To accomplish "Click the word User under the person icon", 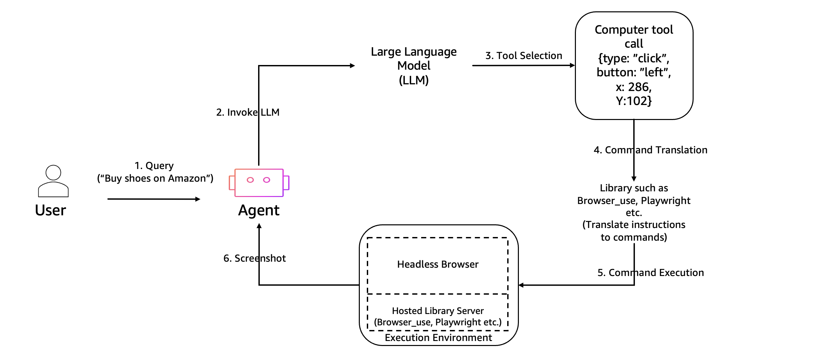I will tap(50, 210).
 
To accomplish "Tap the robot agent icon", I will tap(259, 183).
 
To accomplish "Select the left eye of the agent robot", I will tap(250, 180).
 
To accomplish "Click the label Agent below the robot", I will tap(259, 210).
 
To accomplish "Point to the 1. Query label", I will tap(154, 166).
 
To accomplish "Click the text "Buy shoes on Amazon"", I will tap(155, 178).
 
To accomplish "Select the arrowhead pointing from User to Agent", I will tap(198, 199).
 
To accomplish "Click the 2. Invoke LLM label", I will tap(248, 112).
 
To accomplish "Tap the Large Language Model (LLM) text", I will tap(414, 66).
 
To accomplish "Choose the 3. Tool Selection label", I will tap(524, 56).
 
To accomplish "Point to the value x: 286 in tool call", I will tap(634, 87).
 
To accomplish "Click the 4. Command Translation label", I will tap(650, 150).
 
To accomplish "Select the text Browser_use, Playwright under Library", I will tap(634, 201).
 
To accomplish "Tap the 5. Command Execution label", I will tap(650, 273).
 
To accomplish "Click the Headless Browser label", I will tap(438, 264).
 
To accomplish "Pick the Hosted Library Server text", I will tap(438, 311).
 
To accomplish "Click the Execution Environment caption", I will tap(438, 338).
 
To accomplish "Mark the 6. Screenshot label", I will tap(254, 258).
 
